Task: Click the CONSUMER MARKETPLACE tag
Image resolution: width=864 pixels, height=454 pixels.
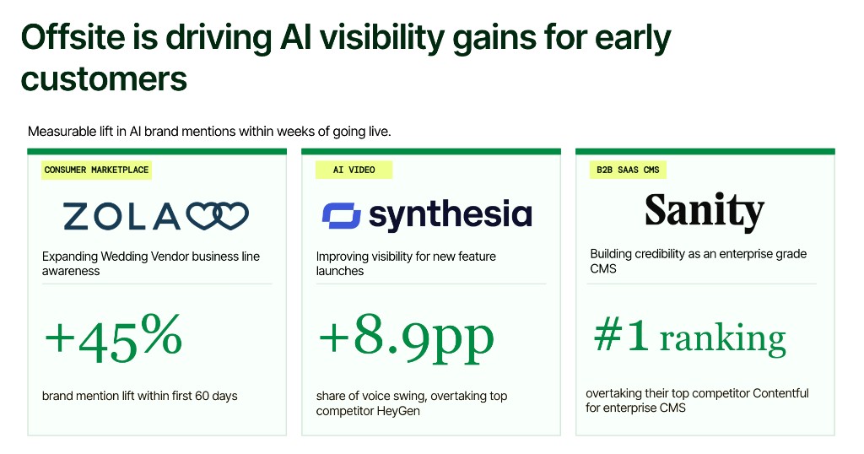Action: [x=96, y=170]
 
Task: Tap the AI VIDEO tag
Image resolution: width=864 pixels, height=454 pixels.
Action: [x=354, y=170]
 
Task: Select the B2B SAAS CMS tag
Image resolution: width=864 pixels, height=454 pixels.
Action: [x=628, y=170]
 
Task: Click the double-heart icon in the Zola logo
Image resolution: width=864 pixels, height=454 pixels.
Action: [x=217, y=215]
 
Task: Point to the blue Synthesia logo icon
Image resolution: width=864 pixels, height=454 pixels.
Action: [x=342, y=215]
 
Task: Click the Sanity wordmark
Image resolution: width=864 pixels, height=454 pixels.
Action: [x=705, y=211]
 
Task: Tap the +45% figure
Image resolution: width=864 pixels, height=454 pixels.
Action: [x=114, y=338]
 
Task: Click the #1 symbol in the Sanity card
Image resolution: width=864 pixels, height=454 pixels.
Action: [x=621, y=336]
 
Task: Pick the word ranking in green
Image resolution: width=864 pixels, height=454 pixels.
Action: [x=722, y=339]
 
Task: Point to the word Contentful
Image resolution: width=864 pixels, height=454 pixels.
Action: [x=780, y=393]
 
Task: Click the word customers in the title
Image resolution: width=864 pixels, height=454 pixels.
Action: [x=104, y=78]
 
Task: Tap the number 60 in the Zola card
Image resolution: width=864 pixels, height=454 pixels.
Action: [x=202, y=396]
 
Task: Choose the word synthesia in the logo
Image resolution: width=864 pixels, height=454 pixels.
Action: [x=451, y=215]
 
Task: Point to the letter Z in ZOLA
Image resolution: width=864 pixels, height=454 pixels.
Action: [x=76, y=216]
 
